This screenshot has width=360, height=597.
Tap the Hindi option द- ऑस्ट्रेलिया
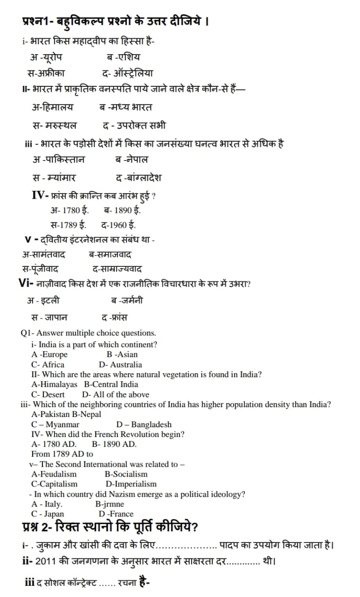pyautogui.click(x=127, y=73)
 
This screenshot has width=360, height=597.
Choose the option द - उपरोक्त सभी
pyautogui.click(x=134, y=125)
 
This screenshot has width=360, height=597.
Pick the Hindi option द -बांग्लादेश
pyautogui.click(x=138, y=178)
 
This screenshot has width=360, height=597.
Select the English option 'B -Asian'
pyautogui.click(x=122, y=354)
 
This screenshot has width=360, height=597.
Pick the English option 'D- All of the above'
pyautogui.click(x=116, y=395)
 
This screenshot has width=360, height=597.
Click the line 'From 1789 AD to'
pyautogui.click(x=62, y=454)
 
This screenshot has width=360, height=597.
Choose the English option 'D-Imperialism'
pyautogui.click(x=131, y=484)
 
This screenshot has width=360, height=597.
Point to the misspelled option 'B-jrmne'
pyautogui.click(x=110, y=504)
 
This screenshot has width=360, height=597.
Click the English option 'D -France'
pyautogui.click(x=116, y=514)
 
